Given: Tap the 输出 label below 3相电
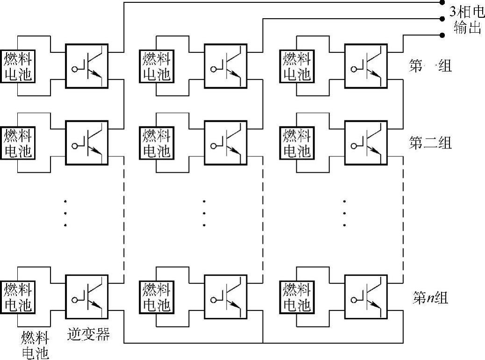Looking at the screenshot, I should pyautogui.click(x=467, y=28).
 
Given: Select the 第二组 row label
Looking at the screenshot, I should pyautogui.click(x=430, y=143).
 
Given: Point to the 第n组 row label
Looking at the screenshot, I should pyautogui.click(x=430, y=297).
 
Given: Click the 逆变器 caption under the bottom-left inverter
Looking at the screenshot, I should pyautogui.click(x=89, y=334).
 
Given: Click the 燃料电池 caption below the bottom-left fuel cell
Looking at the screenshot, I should pyautogui.click(x=35, y=345).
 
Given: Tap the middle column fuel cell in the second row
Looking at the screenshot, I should pyautogui.click(x=157, y=142).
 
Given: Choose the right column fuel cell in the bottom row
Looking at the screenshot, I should pyautogui.click(x=297, y=297).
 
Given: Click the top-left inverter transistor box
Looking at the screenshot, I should pyautogui.click(x=86, y=66).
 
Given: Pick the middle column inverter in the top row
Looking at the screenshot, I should pyautogui.click(x=226, y=66).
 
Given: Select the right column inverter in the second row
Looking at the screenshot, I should pyautogui.click(x=365, y=142).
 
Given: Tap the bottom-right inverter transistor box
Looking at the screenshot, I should pyautogui.click(x=365, y=296).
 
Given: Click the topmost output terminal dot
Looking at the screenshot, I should pyautogui.click(x=442, y=3).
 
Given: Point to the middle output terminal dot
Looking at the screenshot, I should pyautogui.click(x=442, y=19).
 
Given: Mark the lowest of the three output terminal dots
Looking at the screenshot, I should pyautogui.click(x=442, y=35).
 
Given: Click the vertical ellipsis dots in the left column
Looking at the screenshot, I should pyautogui.click(x=65, y=213).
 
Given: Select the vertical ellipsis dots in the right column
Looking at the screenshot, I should pyautogui.click(x=344, y=213).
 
